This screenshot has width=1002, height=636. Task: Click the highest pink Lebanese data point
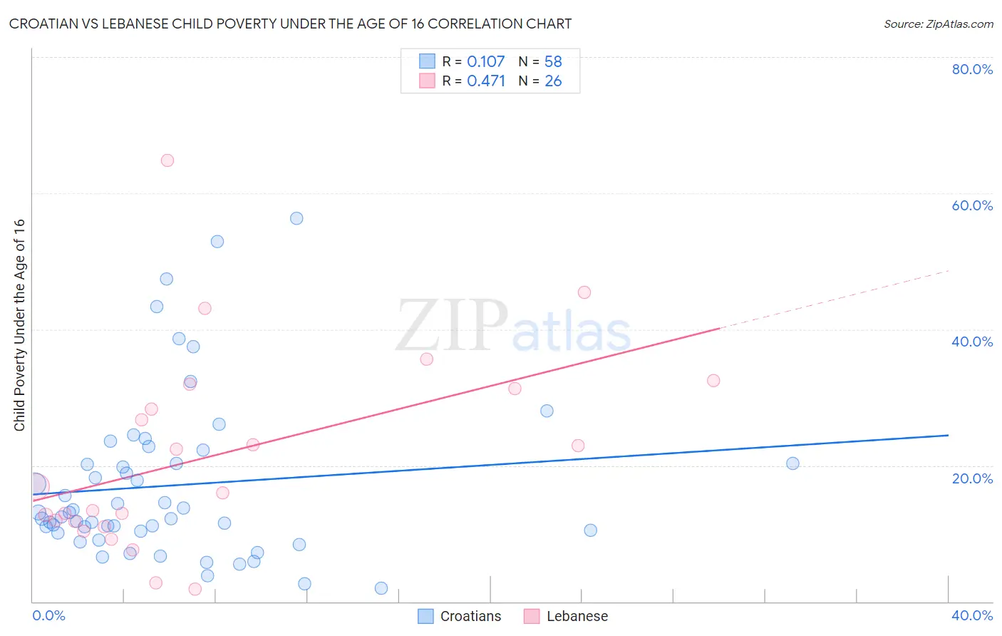click(167, 160)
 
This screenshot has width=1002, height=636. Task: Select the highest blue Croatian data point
click(296, 218)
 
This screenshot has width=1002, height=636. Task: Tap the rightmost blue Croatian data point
click(792, 463)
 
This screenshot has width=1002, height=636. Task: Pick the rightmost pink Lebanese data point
click(713, 381)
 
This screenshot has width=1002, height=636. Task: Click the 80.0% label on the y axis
click(972, 69)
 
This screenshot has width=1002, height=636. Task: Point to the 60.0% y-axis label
click(972, 205)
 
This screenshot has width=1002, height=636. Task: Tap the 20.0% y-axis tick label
click(972, 478)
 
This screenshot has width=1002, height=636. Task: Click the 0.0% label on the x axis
click(48, 615)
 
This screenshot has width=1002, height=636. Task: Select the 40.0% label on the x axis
click(972, 615)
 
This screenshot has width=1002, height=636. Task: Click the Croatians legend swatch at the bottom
click(425, 616)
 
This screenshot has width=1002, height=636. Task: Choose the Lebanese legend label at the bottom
click(577, 616)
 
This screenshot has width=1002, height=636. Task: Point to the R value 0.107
click(485, 62)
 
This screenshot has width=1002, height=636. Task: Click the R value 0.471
click(485, 81)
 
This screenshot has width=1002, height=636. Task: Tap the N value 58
click(553, 62)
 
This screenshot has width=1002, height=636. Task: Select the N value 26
click(553, 81)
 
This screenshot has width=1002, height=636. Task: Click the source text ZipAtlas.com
click(959, 24)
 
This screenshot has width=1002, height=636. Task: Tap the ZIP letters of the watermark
click(452, 327)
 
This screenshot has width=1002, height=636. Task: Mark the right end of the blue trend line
click(948, 435)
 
